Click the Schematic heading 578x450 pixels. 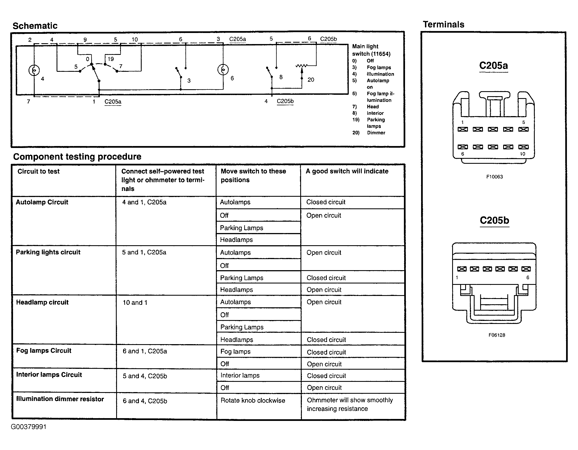pyautogui.click(x=35, y=26)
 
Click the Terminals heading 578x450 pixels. pyautogui.click(x=443, y=24)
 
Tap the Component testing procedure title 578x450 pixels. pyautogui.click(x=77, y=157)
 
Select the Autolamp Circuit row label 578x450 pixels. pyautogui.click(x=42, y=202)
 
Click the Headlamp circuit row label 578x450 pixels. pyautogui.click(x=42, y=302)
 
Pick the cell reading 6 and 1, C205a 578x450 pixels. pyautogui.click(x=145, y=351)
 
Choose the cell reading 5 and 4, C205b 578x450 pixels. pyautogui.click(x=145, y=376)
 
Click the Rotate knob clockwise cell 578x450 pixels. pyautogui.click(x=253, y=400)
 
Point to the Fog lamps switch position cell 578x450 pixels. pyautogui.click(x=235, y=352)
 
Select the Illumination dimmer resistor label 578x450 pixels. pyautogui.click(x=60, y=399)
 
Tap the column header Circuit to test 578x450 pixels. pyautogui.click(x=39, y=171)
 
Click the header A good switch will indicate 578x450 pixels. pyautogui.click(x=347, y=171)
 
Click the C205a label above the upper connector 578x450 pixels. pyautogui.click(x=493, y=66)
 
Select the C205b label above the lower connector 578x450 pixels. pyautogui.click(x=494, y=220)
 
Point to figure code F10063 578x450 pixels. pyautogui.click(x=494, y=177)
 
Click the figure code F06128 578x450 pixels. pyautogui.click(x=496, y=335)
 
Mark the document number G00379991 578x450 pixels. pyautogui.click(x=29, y=427)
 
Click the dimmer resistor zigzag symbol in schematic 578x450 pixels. pyautogui.click(x=302, y=66)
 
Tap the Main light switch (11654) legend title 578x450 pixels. pyautogui.click(x=371, y=50)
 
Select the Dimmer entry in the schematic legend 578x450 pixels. pyautogui.click(x=376, y=133)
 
